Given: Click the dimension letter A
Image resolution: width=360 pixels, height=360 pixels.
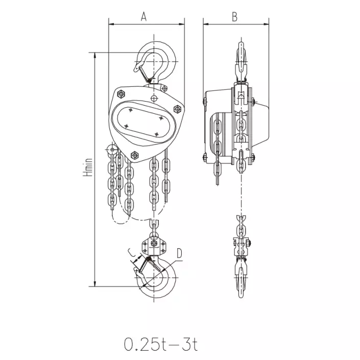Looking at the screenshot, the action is (x=143, y=16).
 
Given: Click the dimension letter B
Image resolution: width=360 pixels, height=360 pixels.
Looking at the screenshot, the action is (x=234, y=17).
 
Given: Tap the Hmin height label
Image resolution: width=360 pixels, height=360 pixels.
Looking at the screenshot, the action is (x=88, y=167).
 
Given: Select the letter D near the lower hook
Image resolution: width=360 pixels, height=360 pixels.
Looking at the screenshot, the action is (x=179, y=253).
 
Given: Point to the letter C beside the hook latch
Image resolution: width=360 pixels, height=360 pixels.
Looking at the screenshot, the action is (x=131, y=253).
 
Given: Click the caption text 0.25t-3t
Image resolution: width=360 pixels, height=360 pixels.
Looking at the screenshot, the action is (x=161, y=344).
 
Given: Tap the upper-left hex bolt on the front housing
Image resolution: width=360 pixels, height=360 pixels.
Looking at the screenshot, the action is (x=121, y=94).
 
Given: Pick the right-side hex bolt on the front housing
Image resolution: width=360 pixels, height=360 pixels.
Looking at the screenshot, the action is (x=177, y=109).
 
